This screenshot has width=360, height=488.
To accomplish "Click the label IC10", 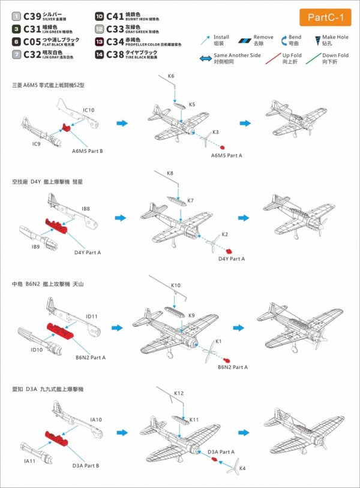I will pyautogui.click(x=89, y=110).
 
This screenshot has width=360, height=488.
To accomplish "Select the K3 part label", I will pyautogui.click(x=215, y=131).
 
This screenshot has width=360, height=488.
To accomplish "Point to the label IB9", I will pyautogui.click(x=36, y=246).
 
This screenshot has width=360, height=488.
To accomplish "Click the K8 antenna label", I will pyautogui.click(x=170, y=174).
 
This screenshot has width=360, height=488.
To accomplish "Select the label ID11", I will pyautogui.click(x=91, y=316).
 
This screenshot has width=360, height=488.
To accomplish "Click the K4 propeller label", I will pyautogui.click(x=242, y=467).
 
